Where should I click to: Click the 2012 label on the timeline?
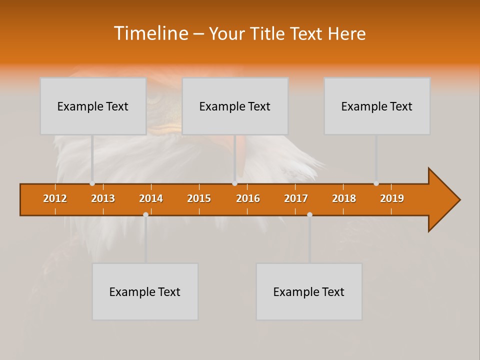(x=55, y=198)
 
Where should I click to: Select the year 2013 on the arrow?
(x=103, y=198)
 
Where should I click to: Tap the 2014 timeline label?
(x=151, y=198)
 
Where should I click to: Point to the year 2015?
(x=199, y=198)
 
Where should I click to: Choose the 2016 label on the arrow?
(x=248, y=198)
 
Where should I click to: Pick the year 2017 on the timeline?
(x=296, y=198)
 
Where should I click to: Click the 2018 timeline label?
(x=344, y=198)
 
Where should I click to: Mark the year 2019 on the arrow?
(x=392, y=198)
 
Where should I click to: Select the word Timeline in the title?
(x=150, y=33)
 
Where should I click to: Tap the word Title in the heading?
(x=268, y=33)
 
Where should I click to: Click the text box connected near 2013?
(x=93, y=106)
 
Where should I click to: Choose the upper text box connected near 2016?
(x=235, y=106)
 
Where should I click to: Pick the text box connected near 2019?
(x=377, y=106)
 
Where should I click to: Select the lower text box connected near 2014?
(x=145, y=291)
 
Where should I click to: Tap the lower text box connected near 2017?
(x=309, y=291)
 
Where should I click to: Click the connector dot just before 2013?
(x=92, y=183)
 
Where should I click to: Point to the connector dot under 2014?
(x=145, y=214)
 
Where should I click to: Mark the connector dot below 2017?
(x=309, y=214)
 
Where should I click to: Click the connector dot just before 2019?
(x=376, y=183)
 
